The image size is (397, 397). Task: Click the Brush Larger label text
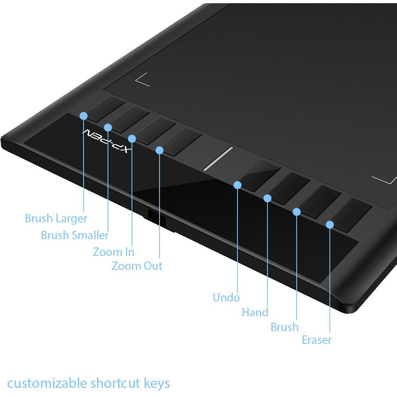point(56,219)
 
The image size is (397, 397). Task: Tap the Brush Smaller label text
point(75,235)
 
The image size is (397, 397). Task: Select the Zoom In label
point(114,252)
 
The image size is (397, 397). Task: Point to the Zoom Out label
point(137,266)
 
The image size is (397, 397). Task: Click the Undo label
point(226,297)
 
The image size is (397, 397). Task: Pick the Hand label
point(255,312)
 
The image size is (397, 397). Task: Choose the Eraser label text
point(317,340)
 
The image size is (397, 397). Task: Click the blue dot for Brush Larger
point(84,116)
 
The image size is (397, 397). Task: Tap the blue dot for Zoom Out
point(160,150)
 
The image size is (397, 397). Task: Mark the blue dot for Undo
point(237,185)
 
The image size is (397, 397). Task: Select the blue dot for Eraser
point(329,224)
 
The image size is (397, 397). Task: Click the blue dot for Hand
point(267,198)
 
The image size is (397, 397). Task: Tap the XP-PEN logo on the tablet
point(107,142)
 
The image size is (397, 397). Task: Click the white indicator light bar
point(218,158)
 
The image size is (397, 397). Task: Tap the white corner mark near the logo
point(142,80)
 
